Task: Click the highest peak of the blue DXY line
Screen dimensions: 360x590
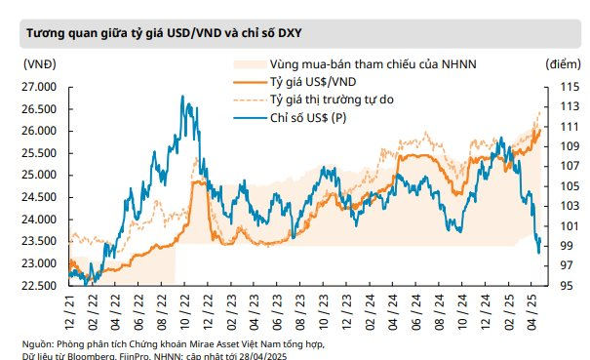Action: pos(181,97)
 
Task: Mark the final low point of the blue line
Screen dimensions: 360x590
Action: pos(538,253)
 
